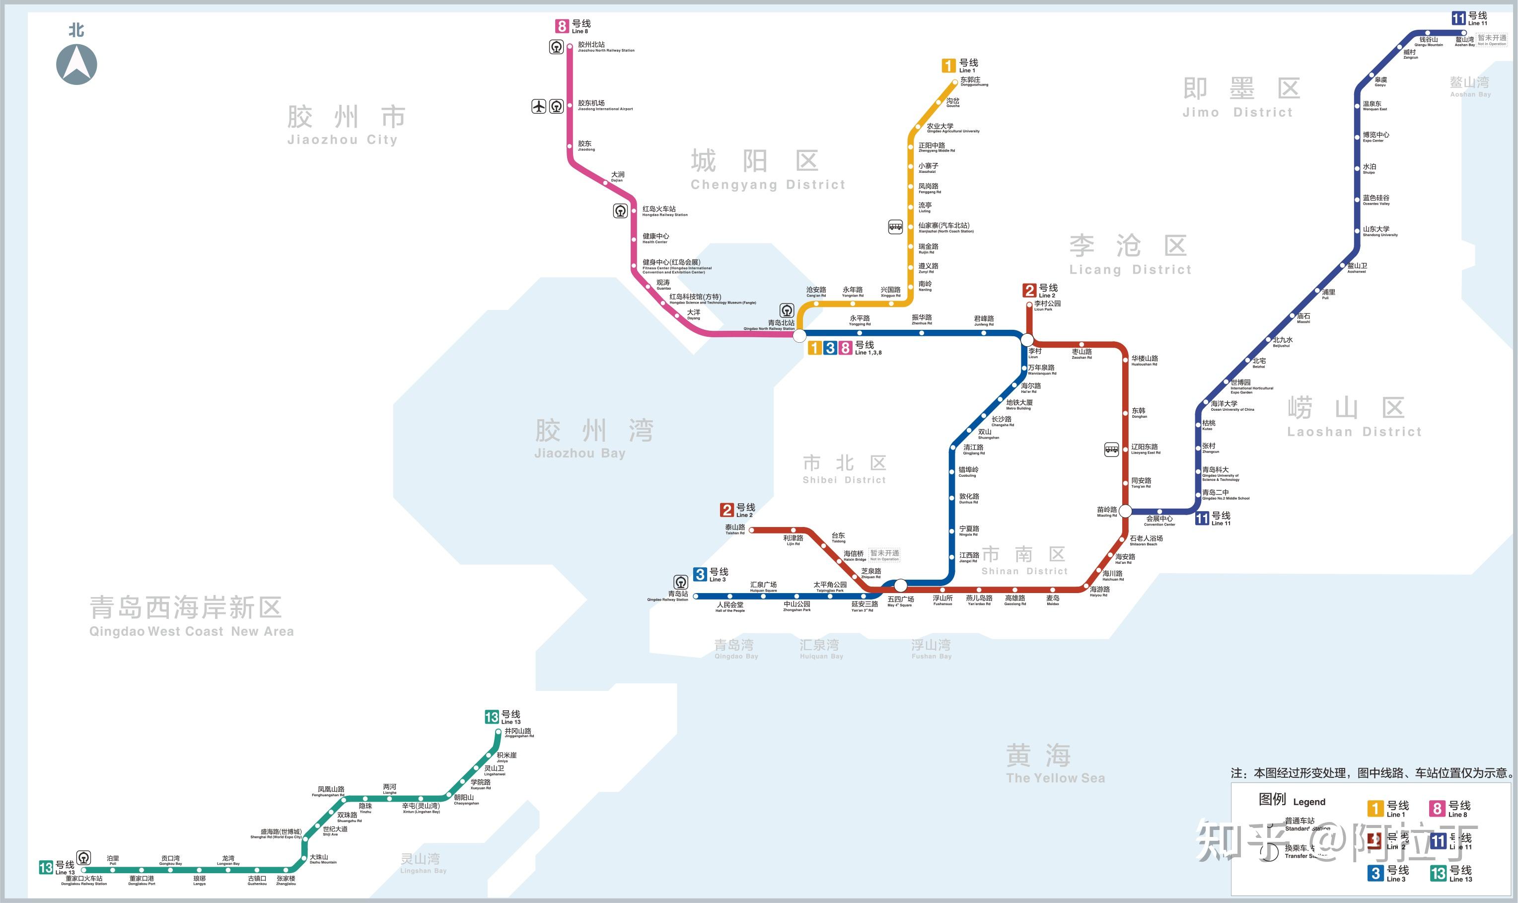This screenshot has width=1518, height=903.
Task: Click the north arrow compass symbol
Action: [x=76, y=64]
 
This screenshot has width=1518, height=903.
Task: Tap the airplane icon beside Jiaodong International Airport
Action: [x=539, y=106]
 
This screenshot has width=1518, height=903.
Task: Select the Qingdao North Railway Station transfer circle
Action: [x=799, y=335]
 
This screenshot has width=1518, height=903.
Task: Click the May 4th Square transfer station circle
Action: [x=901, y=586]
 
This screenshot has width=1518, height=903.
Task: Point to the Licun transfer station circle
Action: [x=1027, y=340]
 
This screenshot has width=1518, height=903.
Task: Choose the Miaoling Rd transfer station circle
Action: [x=1125, y=511]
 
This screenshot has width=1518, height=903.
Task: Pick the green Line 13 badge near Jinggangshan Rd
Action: [x=492, y=717]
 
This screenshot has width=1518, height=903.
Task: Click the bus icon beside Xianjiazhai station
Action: [x=895, y=227]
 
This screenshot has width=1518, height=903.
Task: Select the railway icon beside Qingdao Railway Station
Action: [x=681, y=582]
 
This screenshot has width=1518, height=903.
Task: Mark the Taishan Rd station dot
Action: [x=752, y=530]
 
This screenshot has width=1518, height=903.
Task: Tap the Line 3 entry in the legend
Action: [x=1388, y=873]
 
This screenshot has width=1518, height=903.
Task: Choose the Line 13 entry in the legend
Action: [x=1452, y=873]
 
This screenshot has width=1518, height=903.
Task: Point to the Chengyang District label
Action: [x=768, y=170]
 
